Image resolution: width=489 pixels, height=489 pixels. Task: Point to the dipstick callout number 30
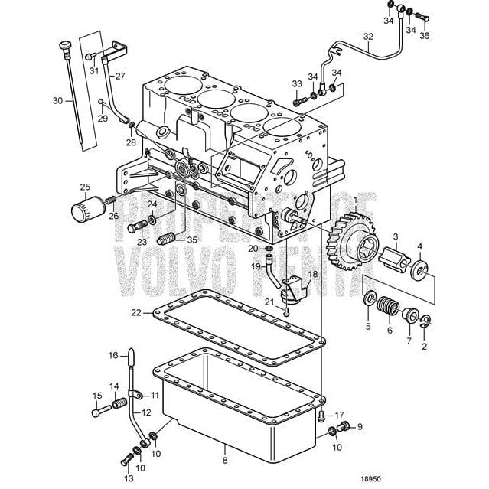(57, 100)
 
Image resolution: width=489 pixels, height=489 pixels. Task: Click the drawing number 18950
(370, 478)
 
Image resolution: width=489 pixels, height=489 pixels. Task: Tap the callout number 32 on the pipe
(368, 36)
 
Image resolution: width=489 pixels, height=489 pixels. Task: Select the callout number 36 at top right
(425, 36)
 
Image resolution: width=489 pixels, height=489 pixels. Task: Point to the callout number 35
(192, 240)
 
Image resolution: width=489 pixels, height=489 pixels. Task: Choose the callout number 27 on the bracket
(120, 77)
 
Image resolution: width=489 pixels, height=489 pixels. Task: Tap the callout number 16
(112, 355)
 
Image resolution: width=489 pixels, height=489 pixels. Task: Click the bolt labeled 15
(98, 412)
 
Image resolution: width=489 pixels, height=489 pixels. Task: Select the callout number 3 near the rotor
(396, 236)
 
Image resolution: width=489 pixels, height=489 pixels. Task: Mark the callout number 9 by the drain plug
(360, 427)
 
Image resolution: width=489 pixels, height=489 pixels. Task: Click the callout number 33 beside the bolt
(296, 83)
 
